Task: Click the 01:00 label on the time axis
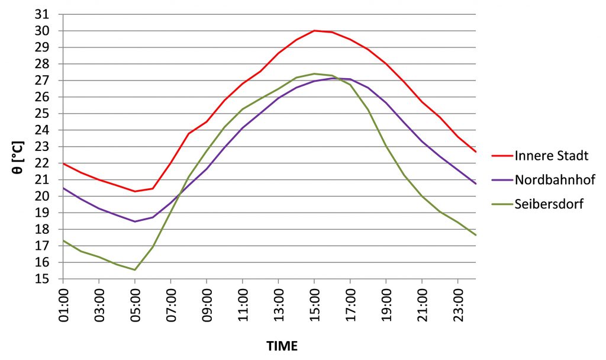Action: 64,302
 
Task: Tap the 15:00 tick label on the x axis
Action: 314,302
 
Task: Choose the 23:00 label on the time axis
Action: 457,302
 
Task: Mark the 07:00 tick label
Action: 171,302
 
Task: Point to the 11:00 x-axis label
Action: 243,302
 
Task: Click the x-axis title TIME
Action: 282,345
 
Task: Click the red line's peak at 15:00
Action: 314,30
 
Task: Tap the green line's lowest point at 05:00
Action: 135,270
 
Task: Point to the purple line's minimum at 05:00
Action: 135,221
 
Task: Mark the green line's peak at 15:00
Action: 314,73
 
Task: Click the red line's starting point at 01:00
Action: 64,163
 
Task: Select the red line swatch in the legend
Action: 501,156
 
